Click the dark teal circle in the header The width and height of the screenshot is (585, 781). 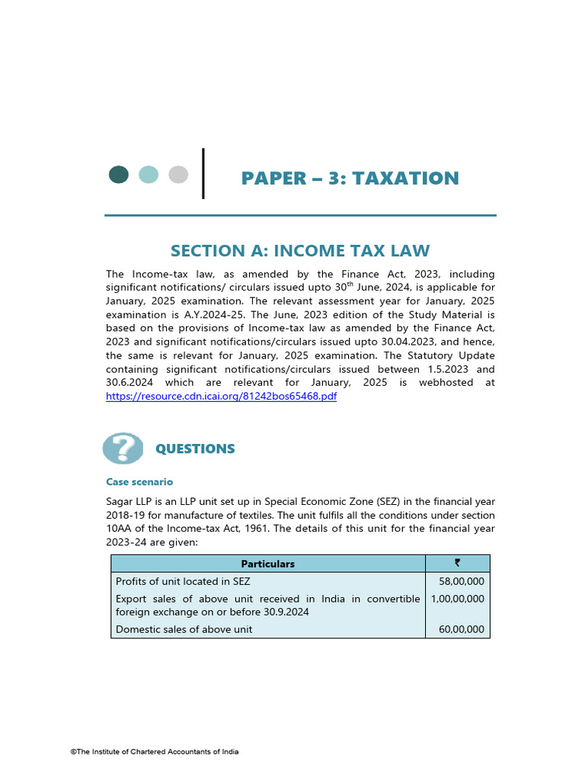(x=119, y=175)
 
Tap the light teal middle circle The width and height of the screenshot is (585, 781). (x=149, y=175)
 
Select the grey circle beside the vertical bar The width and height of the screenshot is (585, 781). (x=178, y=175)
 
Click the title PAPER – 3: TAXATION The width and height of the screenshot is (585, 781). (x=350, y=178)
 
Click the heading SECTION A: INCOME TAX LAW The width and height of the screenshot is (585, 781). (x=300, y=251)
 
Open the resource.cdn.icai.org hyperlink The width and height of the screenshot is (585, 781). (x=221, y=397)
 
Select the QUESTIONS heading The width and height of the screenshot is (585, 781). (x=195, y=449)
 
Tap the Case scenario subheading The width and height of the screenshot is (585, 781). (x=139, y=482)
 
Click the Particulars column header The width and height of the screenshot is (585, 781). (x=267, y=564)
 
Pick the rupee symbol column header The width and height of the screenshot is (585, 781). (x=457, y=564)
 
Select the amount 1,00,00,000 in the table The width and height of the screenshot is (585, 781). (x=457, y=599)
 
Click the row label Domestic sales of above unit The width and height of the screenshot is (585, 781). (x=184, y=629)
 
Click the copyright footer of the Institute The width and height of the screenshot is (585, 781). (x=155, y=752)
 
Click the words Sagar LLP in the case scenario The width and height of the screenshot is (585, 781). (x=129, y=501)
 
